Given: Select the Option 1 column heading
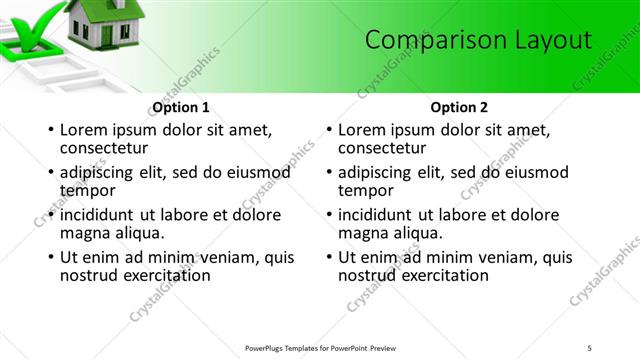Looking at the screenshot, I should coord(181,107).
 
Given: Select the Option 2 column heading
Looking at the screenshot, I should coord(460,107).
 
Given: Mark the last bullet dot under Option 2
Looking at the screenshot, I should coord(328,257).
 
